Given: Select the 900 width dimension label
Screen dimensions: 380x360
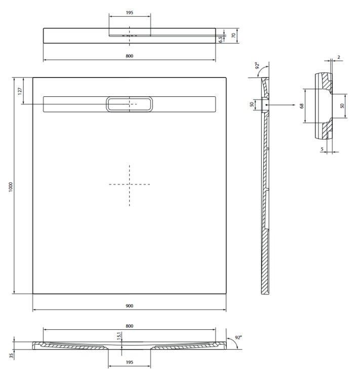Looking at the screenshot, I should pyautogui.click(x=129, y=306).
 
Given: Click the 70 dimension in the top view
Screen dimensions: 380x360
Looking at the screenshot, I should pyautogui.click(x=233, y=35).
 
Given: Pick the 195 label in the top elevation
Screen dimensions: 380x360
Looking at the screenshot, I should pyautogui.click(x=130, y=13).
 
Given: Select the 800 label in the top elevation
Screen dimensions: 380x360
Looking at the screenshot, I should pyautogui.click(x=130, y=56).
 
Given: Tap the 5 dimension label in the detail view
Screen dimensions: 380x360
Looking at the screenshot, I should pyautogui.click(x=322, y=148).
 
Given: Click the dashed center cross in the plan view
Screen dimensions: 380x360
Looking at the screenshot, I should pyautogui.click(x=129, y=185).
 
